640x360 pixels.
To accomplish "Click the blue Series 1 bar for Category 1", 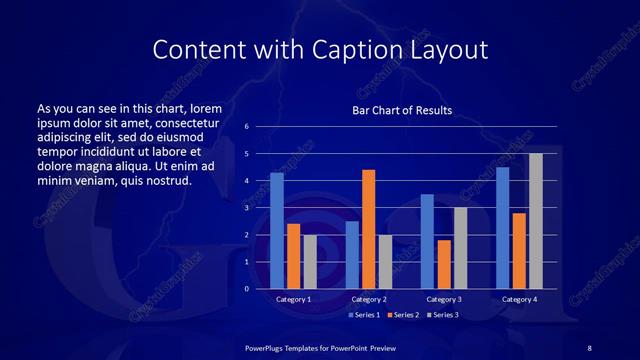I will [277, 231].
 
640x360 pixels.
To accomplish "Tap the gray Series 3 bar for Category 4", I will [535, 221].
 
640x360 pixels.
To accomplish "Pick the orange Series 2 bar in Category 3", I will [443, 264].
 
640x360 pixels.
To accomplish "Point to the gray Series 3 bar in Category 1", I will [310, 261].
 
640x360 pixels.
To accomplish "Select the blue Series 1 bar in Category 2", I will [352, 255].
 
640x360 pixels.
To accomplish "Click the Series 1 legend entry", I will [364, 315].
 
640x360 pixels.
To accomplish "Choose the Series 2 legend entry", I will [402, 315].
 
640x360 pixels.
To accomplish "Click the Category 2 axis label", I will [368, 299].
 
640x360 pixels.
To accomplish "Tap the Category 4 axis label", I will [518, 299].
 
